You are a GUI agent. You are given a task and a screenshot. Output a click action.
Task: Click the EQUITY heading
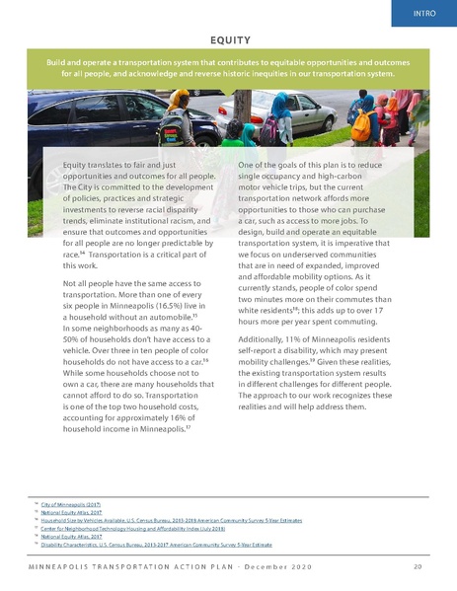pyautogui.click(x=228, y=39)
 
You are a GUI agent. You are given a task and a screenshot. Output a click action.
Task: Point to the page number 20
pyautogui.click(x=419, y=567)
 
